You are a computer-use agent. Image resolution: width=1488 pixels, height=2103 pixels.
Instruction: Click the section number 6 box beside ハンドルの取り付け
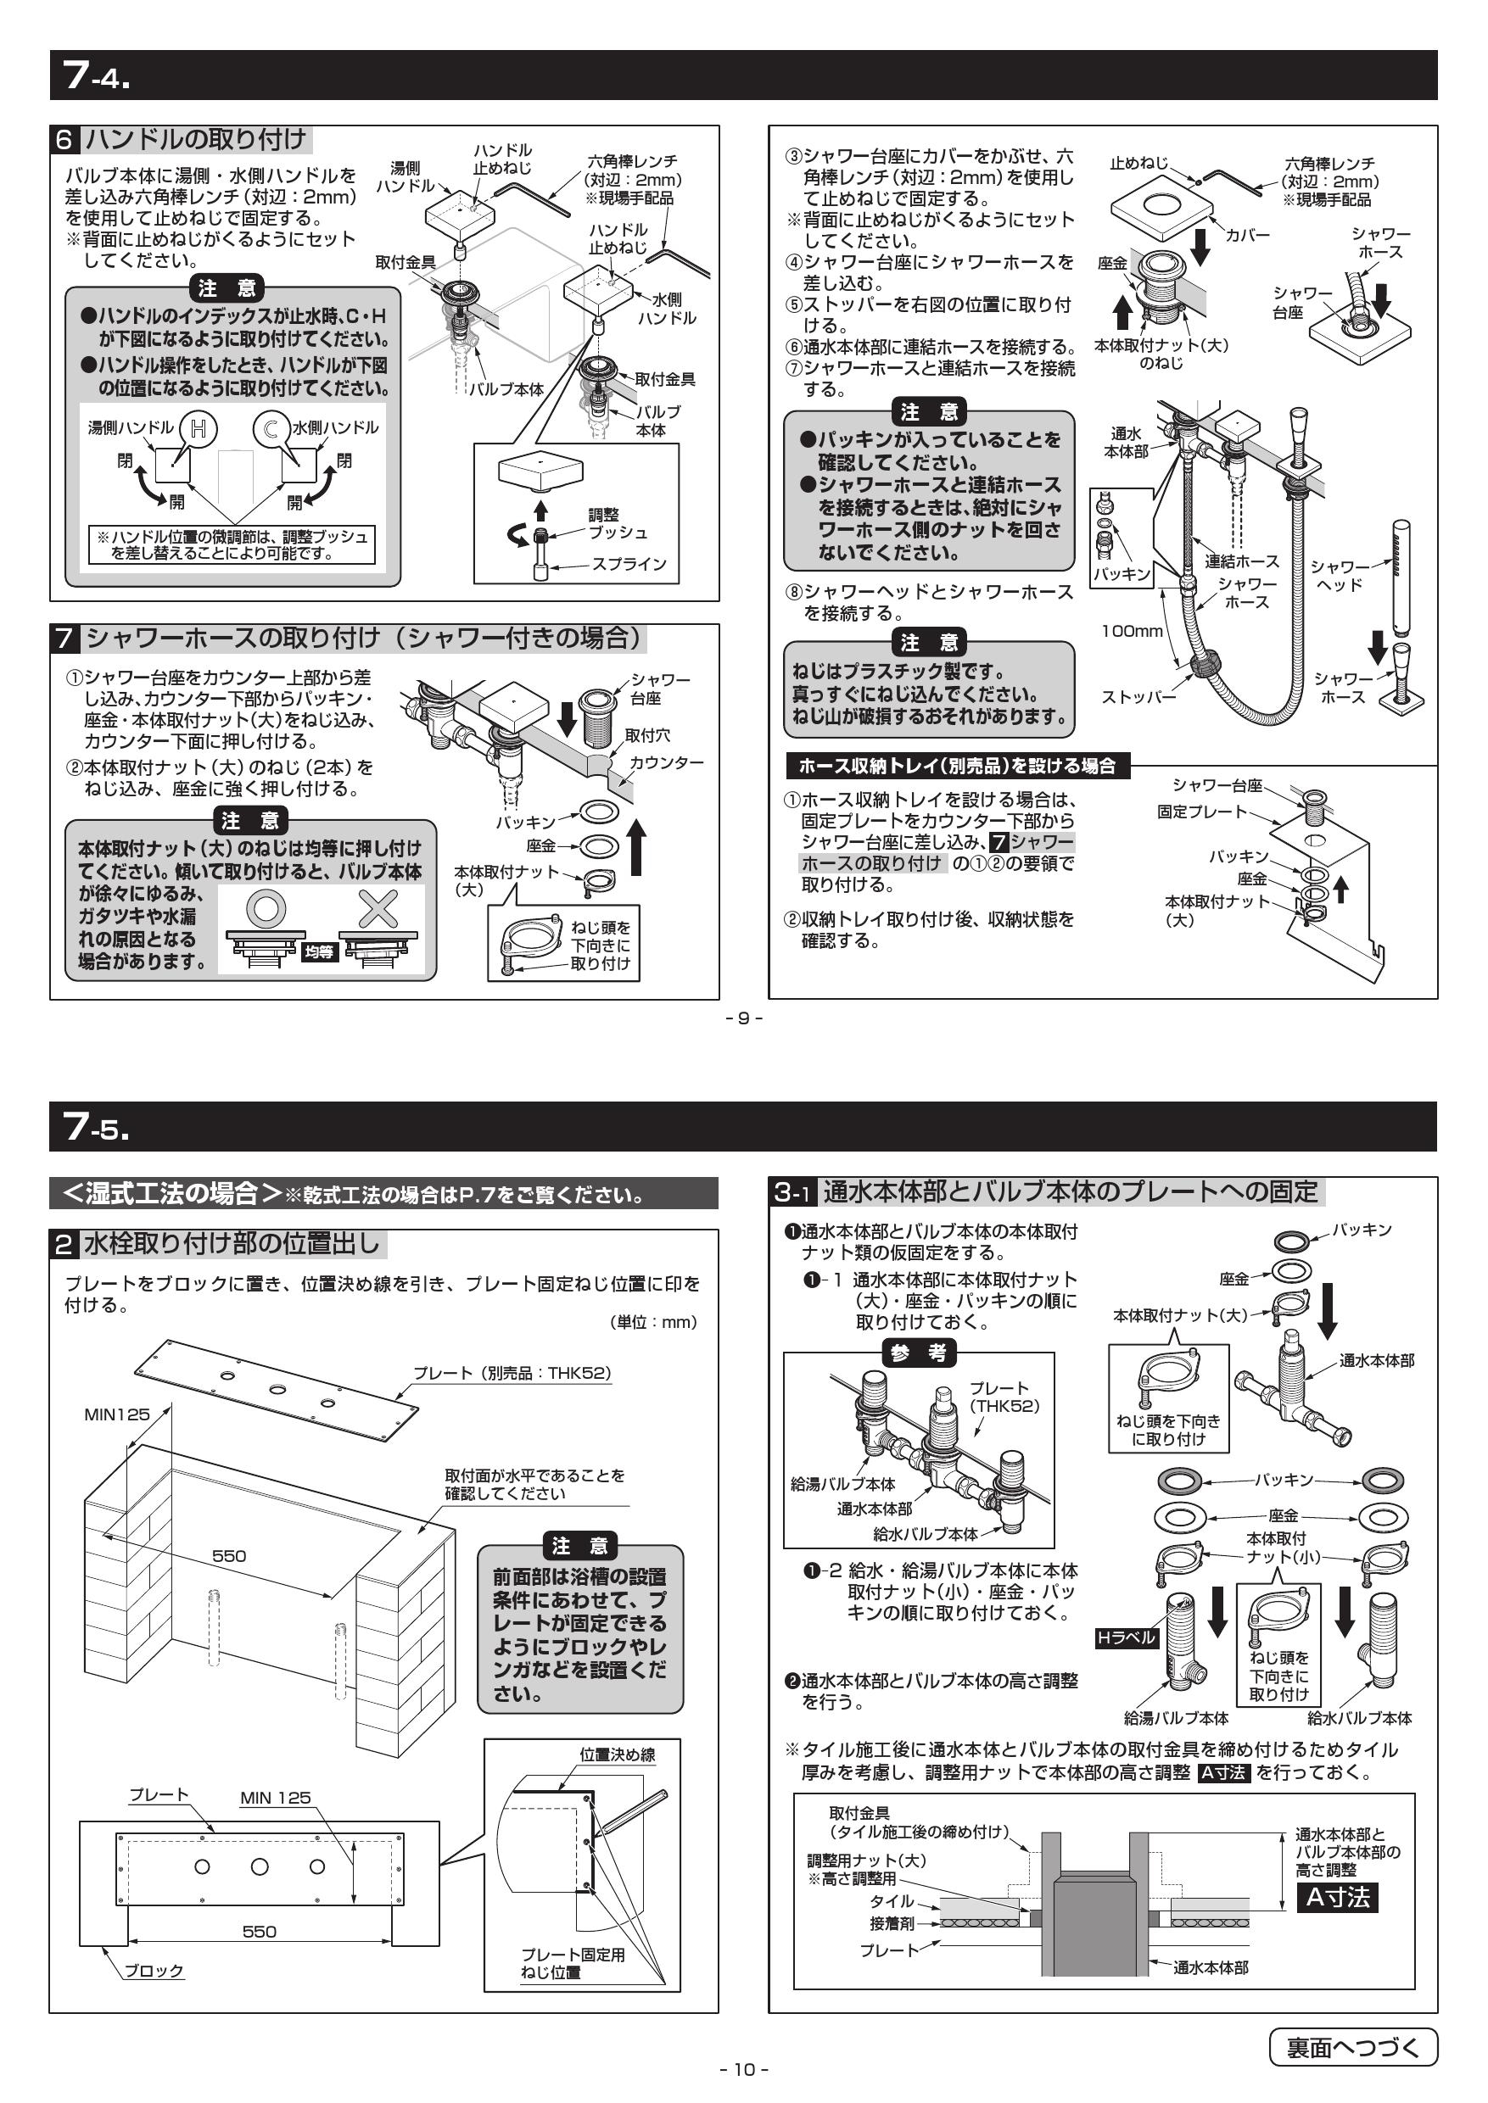point(64,140)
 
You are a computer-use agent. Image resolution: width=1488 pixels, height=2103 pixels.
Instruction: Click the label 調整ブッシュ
point(617,524)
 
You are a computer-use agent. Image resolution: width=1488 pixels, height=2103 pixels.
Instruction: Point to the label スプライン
point(629,564)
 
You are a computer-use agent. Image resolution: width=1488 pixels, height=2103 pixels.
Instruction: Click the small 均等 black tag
point(319,952)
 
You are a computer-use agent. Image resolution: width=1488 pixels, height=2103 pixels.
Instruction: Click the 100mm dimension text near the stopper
point(1132,631)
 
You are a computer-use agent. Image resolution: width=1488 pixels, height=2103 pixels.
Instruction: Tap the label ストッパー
point(1138,697)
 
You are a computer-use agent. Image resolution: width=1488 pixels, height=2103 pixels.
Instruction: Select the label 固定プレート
point(1202,812)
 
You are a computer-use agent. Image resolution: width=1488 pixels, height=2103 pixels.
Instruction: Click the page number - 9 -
point(744,1018)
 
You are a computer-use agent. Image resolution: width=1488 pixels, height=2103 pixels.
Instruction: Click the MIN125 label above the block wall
point(116,1414)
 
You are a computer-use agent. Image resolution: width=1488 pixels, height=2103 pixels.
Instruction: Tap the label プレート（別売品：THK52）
point(512,1373)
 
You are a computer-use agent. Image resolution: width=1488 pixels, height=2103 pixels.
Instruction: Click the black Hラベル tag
point(1127,1637)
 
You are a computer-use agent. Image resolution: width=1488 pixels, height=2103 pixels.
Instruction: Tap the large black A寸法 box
point(1337,1897)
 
